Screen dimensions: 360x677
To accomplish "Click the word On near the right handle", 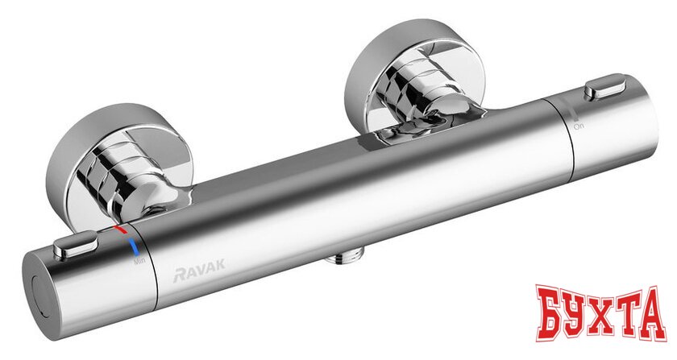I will click(578, 126).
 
